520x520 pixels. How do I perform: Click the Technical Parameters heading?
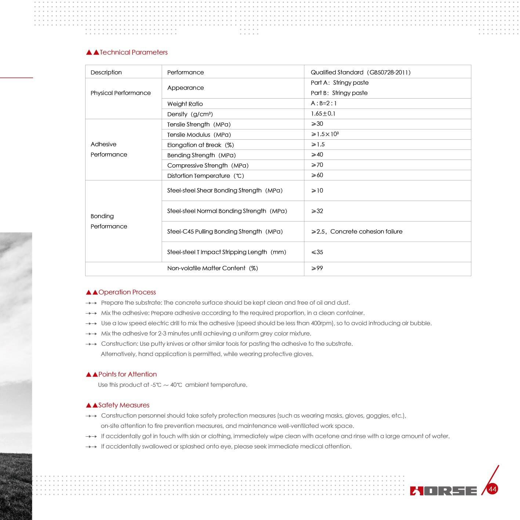[x=133, y=52]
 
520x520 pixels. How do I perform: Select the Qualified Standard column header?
[x=360, y=72]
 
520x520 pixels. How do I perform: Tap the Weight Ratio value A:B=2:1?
[x=324, y=103]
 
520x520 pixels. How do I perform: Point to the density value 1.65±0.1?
[x=323, y=114]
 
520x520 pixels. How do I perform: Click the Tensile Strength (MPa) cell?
[x=199, y=124]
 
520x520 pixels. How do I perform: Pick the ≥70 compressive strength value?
[x=317, y=165]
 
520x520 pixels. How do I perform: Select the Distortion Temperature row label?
[x=206, y=176]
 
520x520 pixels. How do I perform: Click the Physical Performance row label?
[x=120, y=93]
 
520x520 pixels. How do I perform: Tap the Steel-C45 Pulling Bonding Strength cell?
[x=225, y=231]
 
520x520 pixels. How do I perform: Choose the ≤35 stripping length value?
[x=317, y=252]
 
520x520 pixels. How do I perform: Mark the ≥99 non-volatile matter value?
[x=317, y=268]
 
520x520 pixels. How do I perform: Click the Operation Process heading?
[x=127, y=292]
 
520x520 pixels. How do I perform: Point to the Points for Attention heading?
[x=127, y=374]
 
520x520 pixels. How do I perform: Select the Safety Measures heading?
[x=124, y=405]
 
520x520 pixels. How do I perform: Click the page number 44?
[x=492, y=489]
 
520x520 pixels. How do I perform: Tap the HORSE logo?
[x=443, y=491]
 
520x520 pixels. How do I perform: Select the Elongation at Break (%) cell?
[x=200, y=145]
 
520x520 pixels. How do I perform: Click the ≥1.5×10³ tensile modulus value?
[x=325, y=134]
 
